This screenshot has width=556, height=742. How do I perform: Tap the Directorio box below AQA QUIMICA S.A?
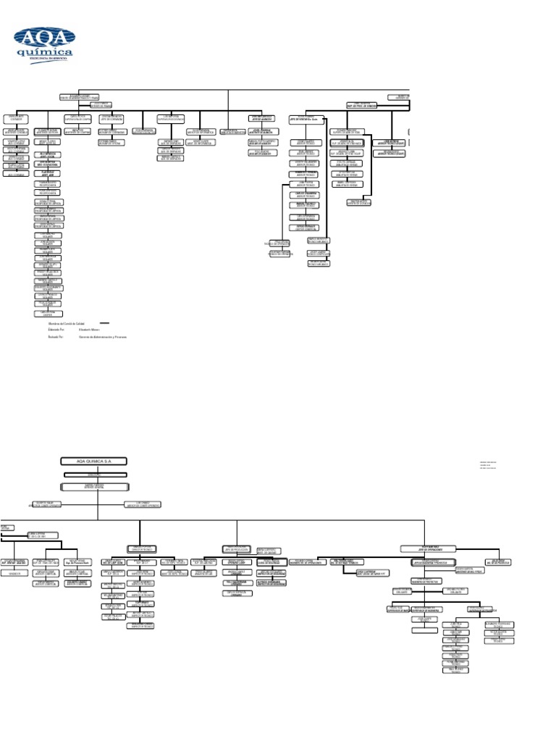click(97, 474)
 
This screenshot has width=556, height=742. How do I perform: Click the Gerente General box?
click(97, 485)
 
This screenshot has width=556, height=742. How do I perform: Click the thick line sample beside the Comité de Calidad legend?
click(104, 323)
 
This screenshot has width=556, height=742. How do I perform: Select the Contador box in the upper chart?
click(16, 117)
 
